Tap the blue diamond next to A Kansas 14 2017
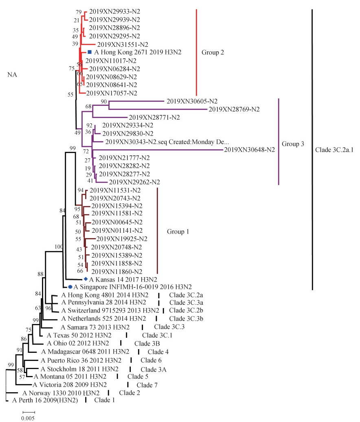[85, 279]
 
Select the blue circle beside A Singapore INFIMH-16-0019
[70, 287]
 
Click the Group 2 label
[213, 52]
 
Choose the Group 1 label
[178, 231]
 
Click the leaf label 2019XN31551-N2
[122, 44]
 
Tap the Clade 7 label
[147, 385]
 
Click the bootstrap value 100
[59, 247]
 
